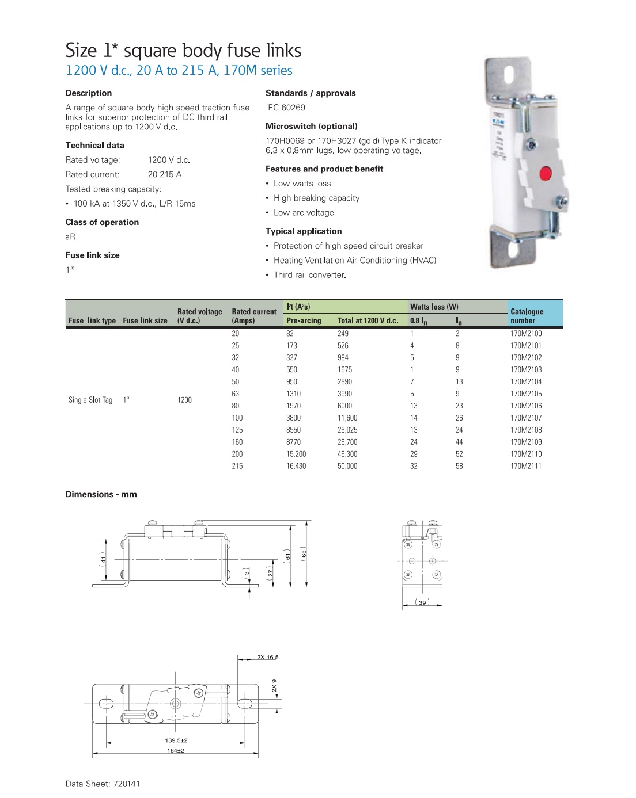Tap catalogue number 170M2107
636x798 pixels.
[x=526, y=418]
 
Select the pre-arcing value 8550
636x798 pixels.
[x=296, y=430]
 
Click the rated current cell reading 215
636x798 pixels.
[x=237, y=466]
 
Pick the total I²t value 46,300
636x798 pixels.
[x=347, y=454]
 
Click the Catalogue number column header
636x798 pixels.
[x=527, y=316]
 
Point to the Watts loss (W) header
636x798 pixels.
[x=434, y=307]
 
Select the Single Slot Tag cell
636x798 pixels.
[x=90, y=400]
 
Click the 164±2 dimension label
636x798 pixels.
[x=176, y=750]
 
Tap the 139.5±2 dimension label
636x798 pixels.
[x=176, y=740]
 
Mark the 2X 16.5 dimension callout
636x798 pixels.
[x=268, y=657]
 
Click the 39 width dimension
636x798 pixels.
[x=422, y=602]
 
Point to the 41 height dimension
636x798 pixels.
[x=104, y=559]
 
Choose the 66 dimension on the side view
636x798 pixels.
[x=304, y=553]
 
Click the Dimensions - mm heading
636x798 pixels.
[x=101, y=494]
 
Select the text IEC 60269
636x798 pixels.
[x=285, y=108]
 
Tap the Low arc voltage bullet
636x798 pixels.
[x=304, y=212]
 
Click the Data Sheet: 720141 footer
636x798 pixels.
[x=103, y=784]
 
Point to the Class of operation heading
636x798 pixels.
[x=102, y=222]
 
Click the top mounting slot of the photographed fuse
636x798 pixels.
[x=508, y=75]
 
